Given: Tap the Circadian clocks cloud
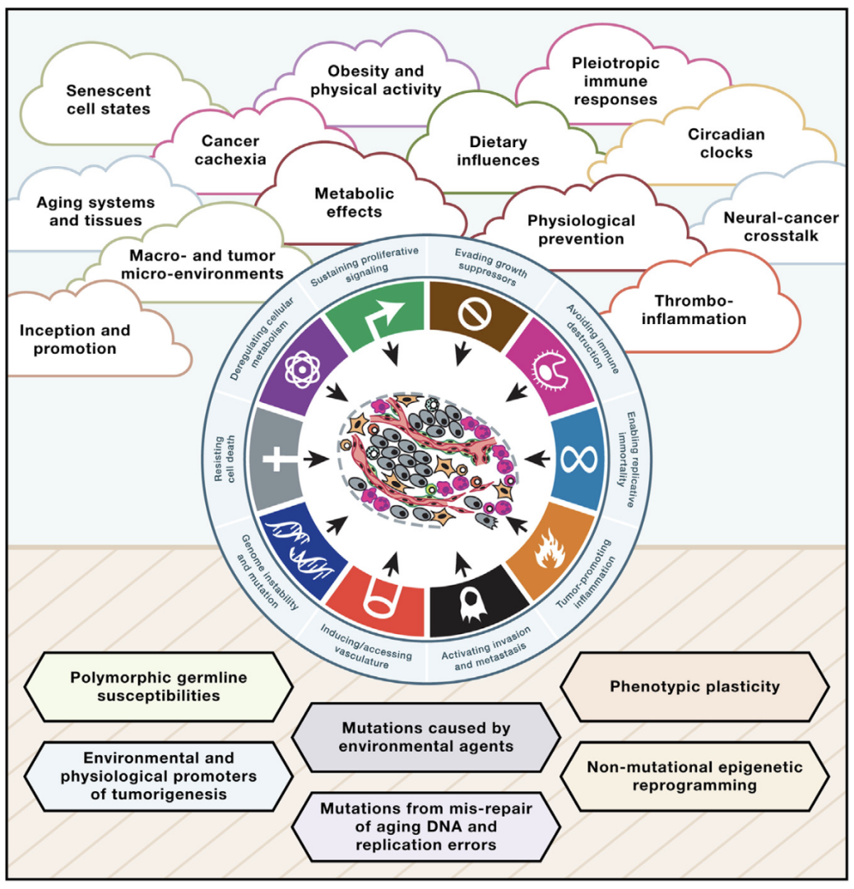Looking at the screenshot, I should [715, 143].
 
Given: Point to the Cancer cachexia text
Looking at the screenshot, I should [230, 148].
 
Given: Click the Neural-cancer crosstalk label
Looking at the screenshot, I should [781, 227].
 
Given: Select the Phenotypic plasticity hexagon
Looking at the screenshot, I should [694, 687].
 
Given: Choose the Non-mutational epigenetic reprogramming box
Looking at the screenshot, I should [695, 776].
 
